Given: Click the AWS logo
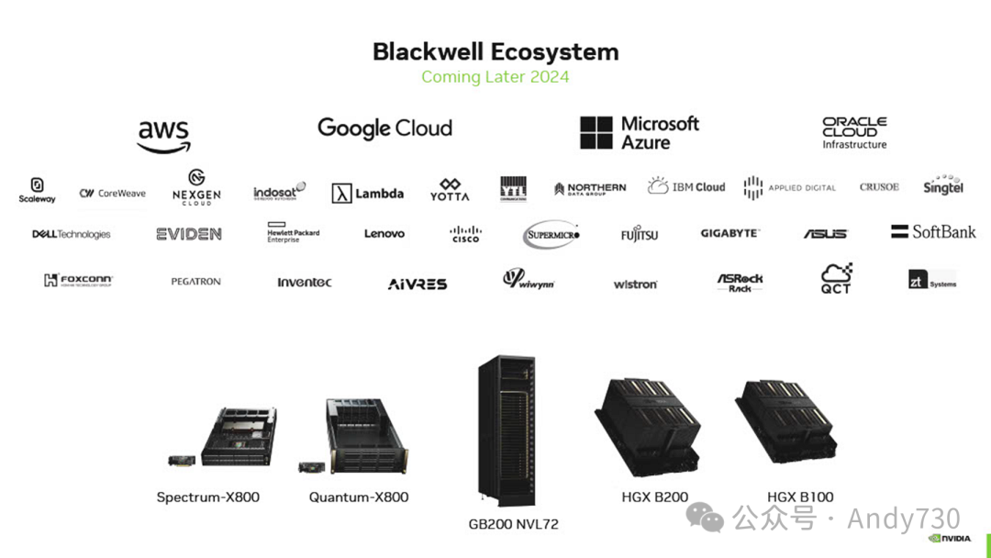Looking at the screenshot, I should [163, 136].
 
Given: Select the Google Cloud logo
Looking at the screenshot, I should [384, 128].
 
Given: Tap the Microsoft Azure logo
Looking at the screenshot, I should [640, 132].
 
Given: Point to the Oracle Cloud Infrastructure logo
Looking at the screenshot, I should [854, 132].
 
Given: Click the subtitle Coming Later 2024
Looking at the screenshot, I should [495, 76].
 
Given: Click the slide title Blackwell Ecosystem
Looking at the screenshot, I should [495, 51].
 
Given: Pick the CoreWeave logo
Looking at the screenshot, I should [113, 194].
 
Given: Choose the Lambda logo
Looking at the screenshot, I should [368, 193].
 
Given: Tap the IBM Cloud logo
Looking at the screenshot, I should [686, 186].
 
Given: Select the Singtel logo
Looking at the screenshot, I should [943, 185].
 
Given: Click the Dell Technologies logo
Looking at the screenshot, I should [72, 234].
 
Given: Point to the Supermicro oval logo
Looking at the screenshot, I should [552, 235].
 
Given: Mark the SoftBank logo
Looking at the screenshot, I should [933, 232].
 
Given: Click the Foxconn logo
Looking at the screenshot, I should [78, 281].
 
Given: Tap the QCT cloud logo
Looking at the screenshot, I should [836, 278].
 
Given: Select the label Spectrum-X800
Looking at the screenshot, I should [208, 497].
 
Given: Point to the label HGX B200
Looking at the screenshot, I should [654, 497].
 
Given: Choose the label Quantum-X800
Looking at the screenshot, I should [359, 497].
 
